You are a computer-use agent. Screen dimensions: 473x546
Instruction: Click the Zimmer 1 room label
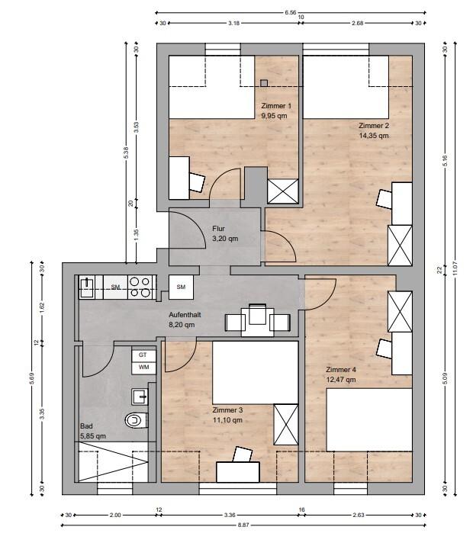(x=276, y=106)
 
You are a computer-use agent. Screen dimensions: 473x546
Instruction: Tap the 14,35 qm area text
(x=374, y=136)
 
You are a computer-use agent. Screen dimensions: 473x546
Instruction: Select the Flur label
(x=218, y=229)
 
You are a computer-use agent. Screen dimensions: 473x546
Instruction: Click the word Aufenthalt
(x=185, y=314)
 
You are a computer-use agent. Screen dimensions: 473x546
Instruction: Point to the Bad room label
(x=86, y=426)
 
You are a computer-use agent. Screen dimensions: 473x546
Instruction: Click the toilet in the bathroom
(x=137, y=420)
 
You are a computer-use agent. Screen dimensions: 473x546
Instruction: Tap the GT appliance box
(x=143, y=355)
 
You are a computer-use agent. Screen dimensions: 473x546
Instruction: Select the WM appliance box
(x=143, y=368)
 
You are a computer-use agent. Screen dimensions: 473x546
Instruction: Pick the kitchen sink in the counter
(x=87, y=287)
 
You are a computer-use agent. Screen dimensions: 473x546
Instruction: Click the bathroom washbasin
(x=140, y=397)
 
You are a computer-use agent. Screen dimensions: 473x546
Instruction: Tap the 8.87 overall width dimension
(x=243, y=525)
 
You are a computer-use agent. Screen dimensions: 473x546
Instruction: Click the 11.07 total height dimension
(x=455, y=269)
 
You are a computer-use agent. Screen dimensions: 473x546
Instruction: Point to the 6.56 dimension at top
(x=291, y=12)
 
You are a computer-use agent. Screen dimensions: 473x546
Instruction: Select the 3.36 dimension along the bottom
(x=230, y=515)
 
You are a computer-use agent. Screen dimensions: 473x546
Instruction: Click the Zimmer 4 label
(x=341, y=369)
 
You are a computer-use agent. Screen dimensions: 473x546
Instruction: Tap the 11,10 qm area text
(x=227, y=420)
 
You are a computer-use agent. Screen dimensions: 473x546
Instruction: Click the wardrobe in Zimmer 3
(x=286, y=425)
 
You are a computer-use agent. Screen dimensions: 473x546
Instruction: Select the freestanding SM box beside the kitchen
(x=181, y=287)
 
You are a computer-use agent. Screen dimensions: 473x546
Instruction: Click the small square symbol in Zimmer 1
(x=264, y=83)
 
